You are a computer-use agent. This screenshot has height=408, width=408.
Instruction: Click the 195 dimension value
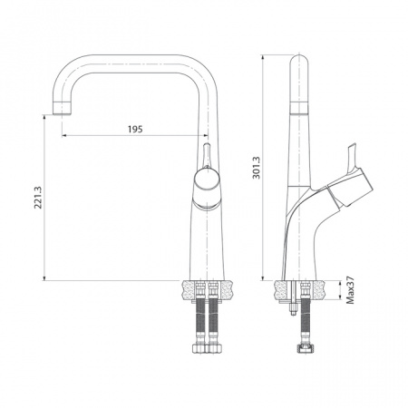coord(135,130)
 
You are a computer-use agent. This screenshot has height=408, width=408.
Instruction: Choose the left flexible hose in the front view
coord(194,321)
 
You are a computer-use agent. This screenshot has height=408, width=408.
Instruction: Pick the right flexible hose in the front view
coord(214,321)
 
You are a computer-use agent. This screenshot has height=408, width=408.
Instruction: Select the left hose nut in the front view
coord(194,350)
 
